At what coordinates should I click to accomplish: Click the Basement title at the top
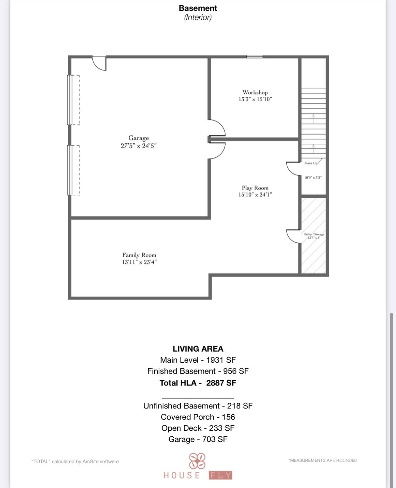[198, 8]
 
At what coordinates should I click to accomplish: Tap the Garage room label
[139, 138]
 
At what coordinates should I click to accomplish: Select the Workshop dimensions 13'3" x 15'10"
[255, 99]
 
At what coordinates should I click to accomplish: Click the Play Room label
[255, 188]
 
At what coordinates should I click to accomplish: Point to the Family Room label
[139, 255]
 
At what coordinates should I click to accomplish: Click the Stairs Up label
[311, 163]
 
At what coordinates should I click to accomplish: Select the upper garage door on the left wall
[70, 100]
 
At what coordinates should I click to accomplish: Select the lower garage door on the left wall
[70, 170]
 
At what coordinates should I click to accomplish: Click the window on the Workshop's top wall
[254, 57]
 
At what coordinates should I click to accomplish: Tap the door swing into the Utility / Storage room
[294, 236]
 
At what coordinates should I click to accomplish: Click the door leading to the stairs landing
[294, 168]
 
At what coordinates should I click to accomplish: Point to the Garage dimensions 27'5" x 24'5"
[139, 146]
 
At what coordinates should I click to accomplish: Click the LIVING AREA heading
[198, 349]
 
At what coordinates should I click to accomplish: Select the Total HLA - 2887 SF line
[198, 383]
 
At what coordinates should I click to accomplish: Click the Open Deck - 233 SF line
[198, 428]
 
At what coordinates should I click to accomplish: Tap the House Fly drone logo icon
[197, 461]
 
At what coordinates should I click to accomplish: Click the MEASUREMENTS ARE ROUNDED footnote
[322, 460]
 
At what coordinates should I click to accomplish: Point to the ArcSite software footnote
[75, 462]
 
